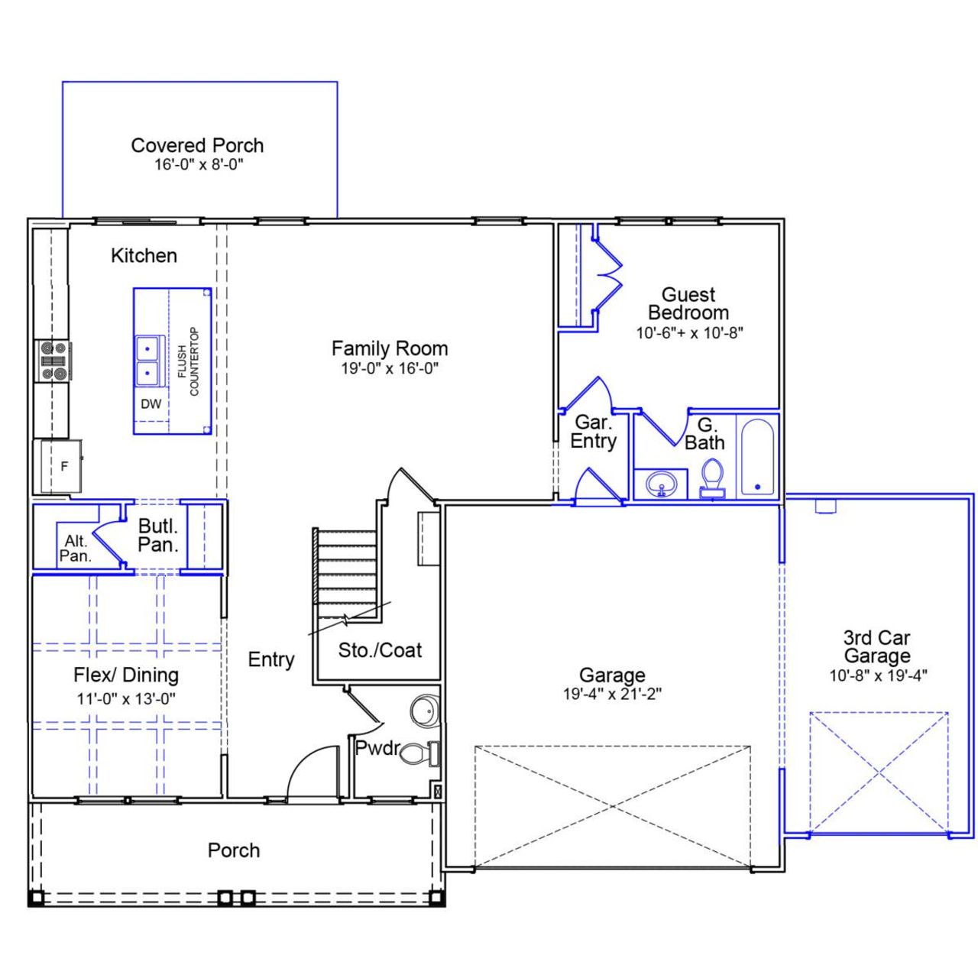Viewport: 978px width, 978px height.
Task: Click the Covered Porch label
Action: [x=197, y=145]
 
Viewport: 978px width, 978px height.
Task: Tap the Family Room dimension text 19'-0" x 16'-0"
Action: [x=390, y=368]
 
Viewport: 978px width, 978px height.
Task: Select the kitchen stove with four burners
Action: [x=55, y=361]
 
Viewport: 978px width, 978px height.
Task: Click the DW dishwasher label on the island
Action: [x=151, y=403]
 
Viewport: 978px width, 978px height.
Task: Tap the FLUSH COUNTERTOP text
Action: [x=188, y=361]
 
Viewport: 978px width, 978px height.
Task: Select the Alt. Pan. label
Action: [x=75, y=549]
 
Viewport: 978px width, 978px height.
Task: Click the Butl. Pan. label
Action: [x=158, y=535]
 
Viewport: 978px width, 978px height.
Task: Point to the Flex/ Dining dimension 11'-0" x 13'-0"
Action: [x=126, y=698]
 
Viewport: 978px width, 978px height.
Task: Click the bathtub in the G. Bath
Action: [x=757, y=458]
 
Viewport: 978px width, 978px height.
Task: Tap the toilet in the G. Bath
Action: [x=713, y=478]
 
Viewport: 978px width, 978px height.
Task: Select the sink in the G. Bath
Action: [x=661, y=484]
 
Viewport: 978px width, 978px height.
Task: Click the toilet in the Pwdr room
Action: [x=417, y=753]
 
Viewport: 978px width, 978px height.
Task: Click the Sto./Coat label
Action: [x=380, y=650]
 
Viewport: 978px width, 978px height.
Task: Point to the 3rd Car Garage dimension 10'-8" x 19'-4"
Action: [x=878, y=675]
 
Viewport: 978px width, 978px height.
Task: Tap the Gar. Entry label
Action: [x=593, y=432]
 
